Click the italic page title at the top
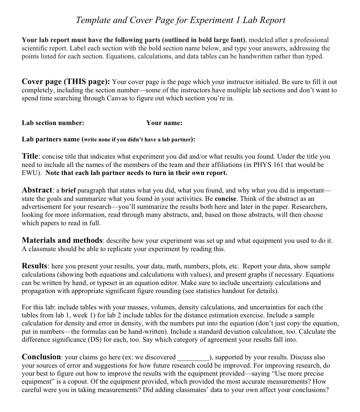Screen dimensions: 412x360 pyautogui.click(x=180, y=20)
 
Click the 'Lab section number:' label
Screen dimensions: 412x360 pyautogui.click(x=53, y=123)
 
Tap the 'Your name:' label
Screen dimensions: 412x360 pyautogui.click(x=164, y=123)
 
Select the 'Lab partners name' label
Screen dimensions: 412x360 pyautogui.click(x=51, y=139)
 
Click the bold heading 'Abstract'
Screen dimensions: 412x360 pyautogui.click(x=37, y=190)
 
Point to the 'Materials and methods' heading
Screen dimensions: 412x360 pyautogui.click(x=62, y=240)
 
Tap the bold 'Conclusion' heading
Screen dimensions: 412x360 pyautogui.click(x=42, y=357)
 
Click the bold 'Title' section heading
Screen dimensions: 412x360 pyautogui.click(x=30, y=156)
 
